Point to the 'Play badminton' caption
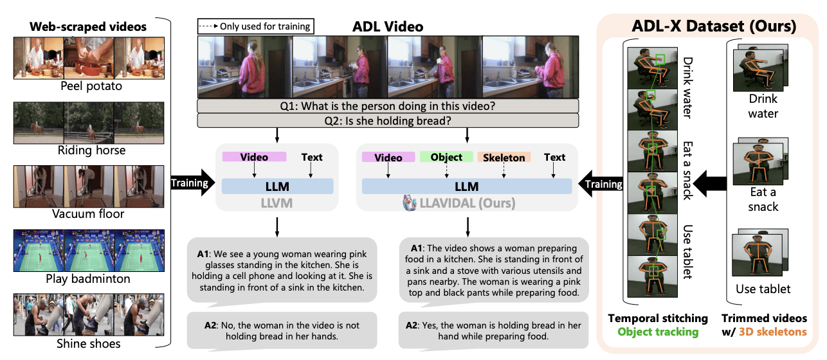88,278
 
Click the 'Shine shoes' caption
88,343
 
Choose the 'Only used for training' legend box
256,26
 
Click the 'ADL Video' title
388,26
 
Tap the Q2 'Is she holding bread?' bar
388,120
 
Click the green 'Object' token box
446,157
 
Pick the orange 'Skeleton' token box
504,157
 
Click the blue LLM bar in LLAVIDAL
466,186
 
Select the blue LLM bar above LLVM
277,186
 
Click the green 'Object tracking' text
657,332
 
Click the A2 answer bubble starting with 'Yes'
493,330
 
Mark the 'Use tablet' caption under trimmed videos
763,289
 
